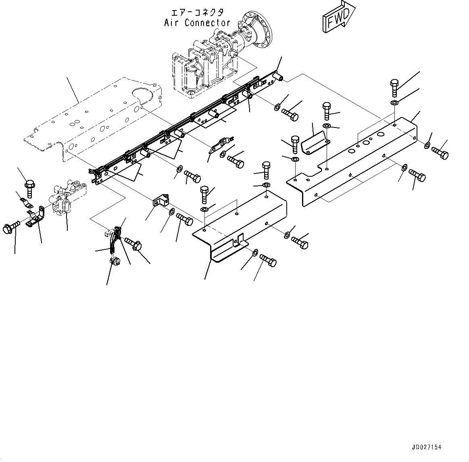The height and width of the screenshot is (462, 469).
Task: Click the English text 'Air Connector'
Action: point(197,23)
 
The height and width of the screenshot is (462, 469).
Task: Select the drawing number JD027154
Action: point(426,447)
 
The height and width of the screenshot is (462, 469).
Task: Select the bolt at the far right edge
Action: point(440,153)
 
